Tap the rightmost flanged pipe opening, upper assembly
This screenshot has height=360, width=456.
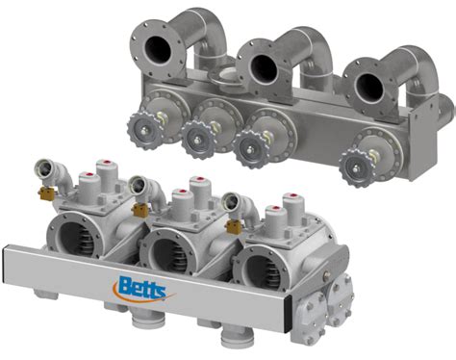[x=370, y=88]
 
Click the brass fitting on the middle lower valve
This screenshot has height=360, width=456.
[x=140, y=209]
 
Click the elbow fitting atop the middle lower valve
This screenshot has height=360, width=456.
[x=142, y=188]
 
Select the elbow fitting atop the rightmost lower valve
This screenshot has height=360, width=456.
[x=234, y=205]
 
